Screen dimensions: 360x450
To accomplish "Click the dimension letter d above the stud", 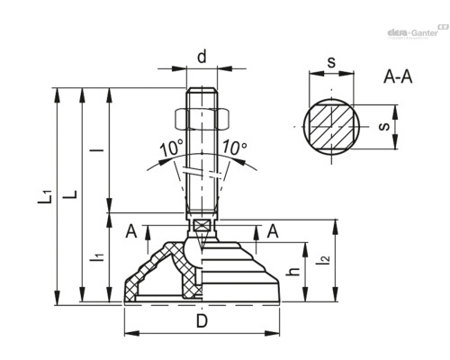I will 202,56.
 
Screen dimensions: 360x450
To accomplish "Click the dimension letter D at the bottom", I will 202,320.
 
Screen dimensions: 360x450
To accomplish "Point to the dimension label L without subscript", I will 75,193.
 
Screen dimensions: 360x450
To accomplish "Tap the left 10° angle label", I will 171,148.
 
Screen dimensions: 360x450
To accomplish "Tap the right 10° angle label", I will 234,148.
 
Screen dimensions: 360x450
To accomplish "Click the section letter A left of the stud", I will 131,232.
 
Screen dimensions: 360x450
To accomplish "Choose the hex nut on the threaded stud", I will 202,116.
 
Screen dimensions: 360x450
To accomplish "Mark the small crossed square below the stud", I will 202,225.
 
